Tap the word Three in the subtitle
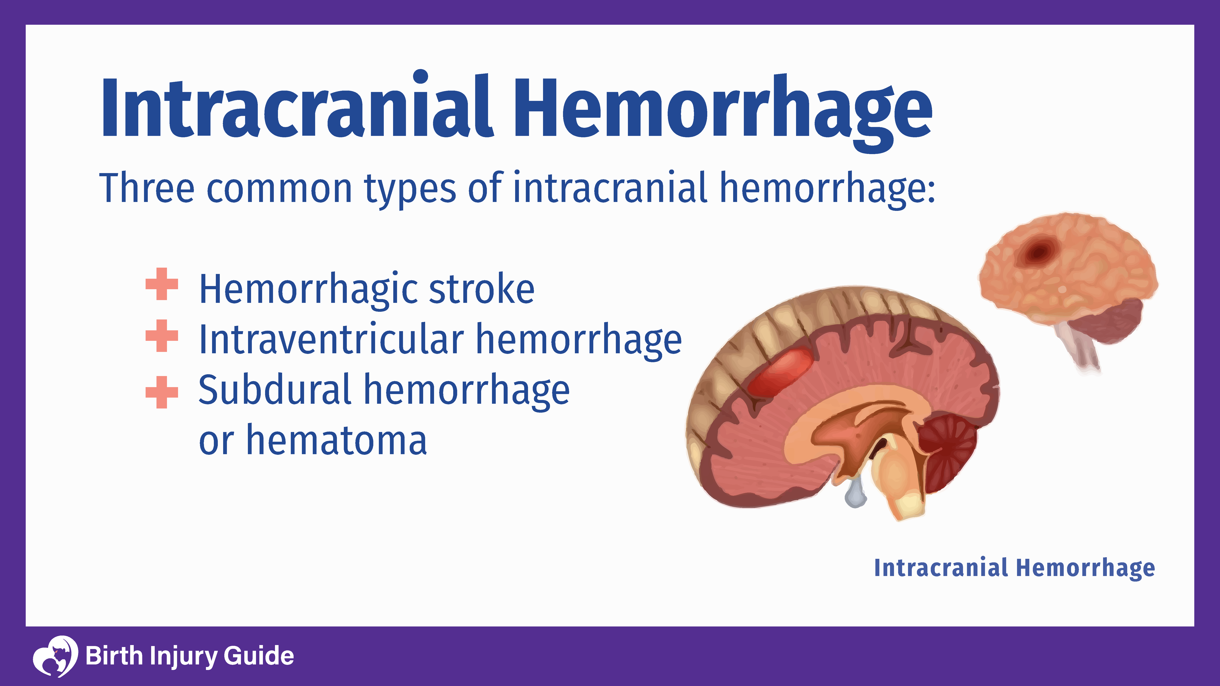147,189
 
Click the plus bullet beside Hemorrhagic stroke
161,284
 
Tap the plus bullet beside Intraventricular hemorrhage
161,336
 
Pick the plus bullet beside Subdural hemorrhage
161,392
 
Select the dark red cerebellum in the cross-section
947,450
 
